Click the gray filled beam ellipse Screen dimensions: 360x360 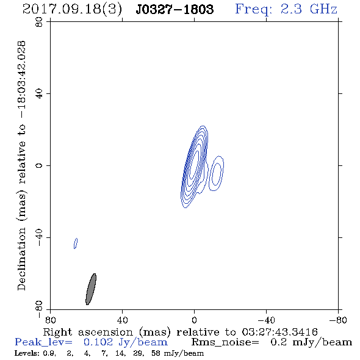coord(91,289)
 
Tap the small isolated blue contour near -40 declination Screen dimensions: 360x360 coord(76,243)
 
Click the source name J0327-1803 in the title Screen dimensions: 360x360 coord(175,9)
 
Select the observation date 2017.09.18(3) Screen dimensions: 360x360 coord(72,9)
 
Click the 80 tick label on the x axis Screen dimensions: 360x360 coord(50,320)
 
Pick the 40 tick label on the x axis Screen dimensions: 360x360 coord(122,320)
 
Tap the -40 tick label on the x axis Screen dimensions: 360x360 coord(266,320)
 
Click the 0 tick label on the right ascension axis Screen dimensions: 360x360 coord(194,320)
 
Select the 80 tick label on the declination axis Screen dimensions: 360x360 coord(39,22)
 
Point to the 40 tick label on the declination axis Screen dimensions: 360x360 coord(39,94)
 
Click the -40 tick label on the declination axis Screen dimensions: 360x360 coord(39,237)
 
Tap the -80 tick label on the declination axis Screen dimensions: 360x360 coord(39,309)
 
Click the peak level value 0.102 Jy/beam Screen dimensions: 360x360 coord(126,342)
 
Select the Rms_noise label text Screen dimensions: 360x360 coord(225,342)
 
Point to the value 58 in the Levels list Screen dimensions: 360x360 coord(156,353)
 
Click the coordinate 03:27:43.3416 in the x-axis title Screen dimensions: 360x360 coord(279,332)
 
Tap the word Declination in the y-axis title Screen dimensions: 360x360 coord(21,259)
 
